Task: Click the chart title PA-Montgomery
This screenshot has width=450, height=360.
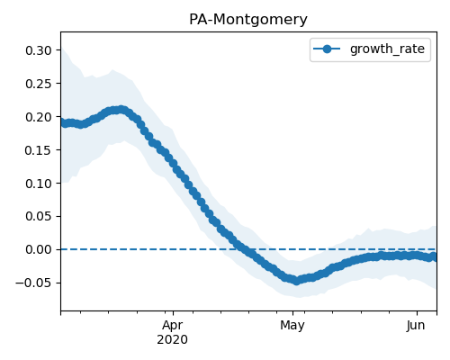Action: coord(248,20)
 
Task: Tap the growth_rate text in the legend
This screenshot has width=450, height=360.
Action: coord(387,49)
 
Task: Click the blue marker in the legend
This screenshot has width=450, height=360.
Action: coord(327,49)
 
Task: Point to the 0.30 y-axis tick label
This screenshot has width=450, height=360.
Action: coord(39,50)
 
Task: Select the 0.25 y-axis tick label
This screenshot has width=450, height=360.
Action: coord(39,84)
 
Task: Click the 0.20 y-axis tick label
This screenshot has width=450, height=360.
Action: coord(39,117)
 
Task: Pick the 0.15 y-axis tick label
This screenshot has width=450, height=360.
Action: coord(39,150)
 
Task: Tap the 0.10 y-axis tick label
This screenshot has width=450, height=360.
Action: coord(39,184)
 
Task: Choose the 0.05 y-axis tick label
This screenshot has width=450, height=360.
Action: coord(39,216)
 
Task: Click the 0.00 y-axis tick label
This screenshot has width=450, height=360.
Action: coord(39,249)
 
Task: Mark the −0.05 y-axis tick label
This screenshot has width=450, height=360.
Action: coord(34,283)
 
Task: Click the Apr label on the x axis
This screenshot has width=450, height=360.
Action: coord(173,326)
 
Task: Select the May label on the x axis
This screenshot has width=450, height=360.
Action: coord(292,326)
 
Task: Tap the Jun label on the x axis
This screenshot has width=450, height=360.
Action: coord(416,326)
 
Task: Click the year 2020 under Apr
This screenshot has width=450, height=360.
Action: coord(173,340)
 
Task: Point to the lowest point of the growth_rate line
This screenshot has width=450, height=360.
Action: coord(296,281)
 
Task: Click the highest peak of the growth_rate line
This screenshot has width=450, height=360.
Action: coord(121,110)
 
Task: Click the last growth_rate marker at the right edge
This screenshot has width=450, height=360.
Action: coord(434,256)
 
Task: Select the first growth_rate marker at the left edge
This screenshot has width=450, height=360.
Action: coord(62,122)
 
